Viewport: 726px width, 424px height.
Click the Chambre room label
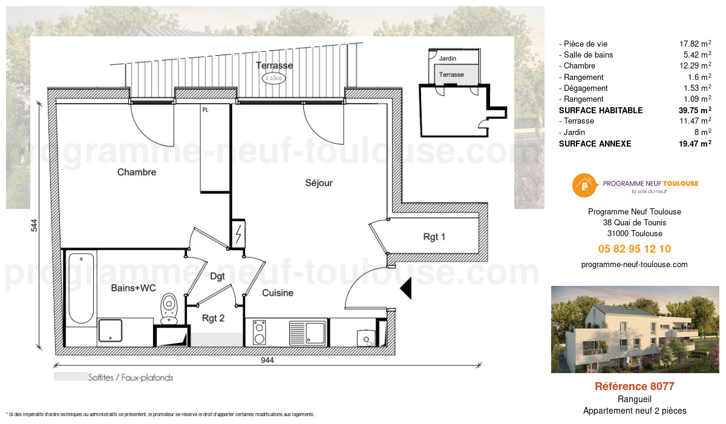[137, 172]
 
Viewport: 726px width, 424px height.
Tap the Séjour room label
[319, 183]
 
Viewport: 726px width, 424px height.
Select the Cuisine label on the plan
[278, 293]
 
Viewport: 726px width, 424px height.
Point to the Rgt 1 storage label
[434, 237]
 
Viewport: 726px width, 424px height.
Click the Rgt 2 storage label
[214, 318]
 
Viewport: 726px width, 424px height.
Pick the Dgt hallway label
[217, 276]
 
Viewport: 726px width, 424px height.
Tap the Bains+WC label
[133, 288]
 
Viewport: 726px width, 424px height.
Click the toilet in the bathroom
[169, 308]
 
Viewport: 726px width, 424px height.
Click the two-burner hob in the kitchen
[259, 333]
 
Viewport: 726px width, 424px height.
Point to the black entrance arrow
[407, 288]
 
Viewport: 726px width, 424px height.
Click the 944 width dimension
[267, 360]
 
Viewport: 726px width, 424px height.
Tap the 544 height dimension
[34, 225]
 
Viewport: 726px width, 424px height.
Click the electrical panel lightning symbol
[238, 233]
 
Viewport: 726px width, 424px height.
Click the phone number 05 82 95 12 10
[634, 249]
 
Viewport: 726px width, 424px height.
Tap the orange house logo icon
[584, 185]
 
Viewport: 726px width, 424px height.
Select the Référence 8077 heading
[634, 386]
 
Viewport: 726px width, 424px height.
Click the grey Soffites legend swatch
[69, 377]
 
